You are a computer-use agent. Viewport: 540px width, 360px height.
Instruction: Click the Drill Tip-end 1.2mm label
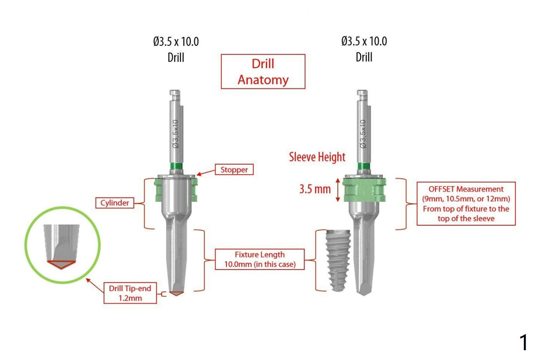(130, 293)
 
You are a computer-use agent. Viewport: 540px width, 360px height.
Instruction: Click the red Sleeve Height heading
(317, 157)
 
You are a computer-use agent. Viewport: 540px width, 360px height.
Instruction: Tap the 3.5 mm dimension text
(315, 189)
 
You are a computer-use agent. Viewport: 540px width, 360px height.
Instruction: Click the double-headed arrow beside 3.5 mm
(338, 190)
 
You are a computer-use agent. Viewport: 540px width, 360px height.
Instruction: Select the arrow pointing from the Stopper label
(206, 172)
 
